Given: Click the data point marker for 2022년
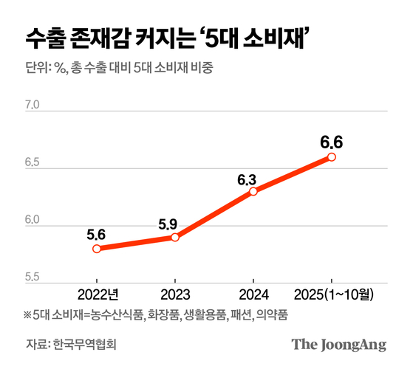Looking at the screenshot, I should point(97,249).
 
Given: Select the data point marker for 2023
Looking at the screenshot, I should point(175,237).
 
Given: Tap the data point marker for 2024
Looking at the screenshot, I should point(253,191).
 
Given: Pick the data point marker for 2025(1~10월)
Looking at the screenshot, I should point(332,156).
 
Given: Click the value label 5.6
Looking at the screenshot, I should point(96,235).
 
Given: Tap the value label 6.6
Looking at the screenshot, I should point(332,141).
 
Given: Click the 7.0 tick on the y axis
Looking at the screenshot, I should point(32,106).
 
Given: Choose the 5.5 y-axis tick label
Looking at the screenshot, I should point(32,279).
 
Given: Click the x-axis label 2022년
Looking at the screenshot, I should point(97,294).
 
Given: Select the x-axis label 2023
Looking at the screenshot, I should point(174,294).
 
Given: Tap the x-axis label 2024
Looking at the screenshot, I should point(253,294).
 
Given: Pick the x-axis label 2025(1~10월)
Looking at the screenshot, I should point(332,294).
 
